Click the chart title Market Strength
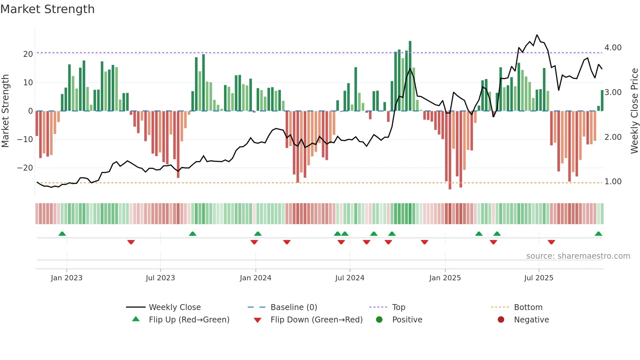[x=47, y=9]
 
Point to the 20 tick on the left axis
[x=28, y=54]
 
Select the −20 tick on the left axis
[x=25, y=168]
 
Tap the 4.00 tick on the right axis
[x=613, y=48]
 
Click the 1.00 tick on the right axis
[x=613, y=182]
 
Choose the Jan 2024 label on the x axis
[x=255, y=278]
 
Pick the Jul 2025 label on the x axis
[x=538, y=278]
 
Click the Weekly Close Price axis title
[x=634, y=111]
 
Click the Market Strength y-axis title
[x=5, y=111]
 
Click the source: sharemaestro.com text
[x=578, y=256]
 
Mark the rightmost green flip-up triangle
[x=598, y=234]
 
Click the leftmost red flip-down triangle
[x=131, y=242]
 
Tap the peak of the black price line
[x=537, y=35]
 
